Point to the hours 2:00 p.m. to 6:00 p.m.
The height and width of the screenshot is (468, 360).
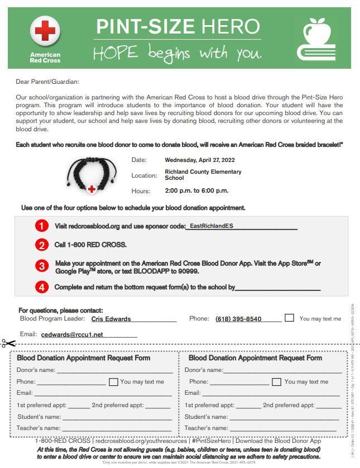point(196,190)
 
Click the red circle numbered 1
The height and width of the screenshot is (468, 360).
point(42,226)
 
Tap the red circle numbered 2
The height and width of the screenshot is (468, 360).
point(42,245)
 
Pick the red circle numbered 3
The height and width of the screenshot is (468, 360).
point(42,266)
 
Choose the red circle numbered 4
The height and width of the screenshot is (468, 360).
point(42,287)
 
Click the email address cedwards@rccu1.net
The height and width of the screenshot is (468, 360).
point(72,335)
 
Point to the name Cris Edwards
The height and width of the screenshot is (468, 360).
point(111,319)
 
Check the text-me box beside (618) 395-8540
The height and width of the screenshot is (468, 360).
point(289,318)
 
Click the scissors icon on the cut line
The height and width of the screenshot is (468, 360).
point(8,343)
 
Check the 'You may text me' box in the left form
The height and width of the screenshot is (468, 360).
point(113,382)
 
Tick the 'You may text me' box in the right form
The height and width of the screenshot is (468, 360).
point(276,382)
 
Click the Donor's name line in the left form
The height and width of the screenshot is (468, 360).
point(114,370)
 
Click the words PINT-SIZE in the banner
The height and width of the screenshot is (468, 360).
point(145,26)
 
